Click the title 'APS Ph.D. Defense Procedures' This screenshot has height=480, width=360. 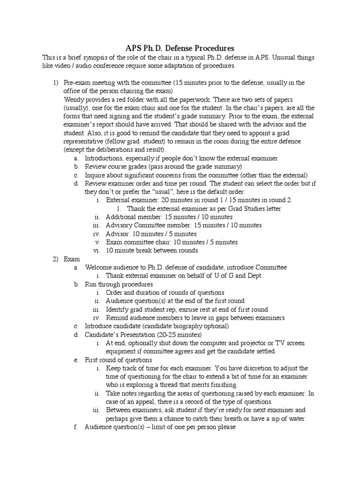pyautogui.click(x=180, y=48)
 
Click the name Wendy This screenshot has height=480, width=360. pyautogui.click(x=74, y=99)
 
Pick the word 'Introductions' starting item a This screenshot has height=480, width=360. pyautogui.click(x=105, y=158)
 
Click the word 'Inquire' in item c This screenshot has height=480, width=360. pyautogui.click(x=96, y=175)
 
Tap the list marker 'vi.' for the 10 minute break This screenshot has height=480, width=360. pyautogui.click(x=97, y=250)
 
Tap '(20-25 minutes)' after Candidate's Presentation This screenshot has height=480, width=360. pyautogui.click(x=179, y=334)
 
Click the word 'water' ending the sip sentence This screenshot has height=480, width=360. pyautogui.click(x=296, y=419)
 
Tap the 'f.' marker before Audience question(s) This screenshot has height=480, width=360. pyautogui.click(x=76, y=427)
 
